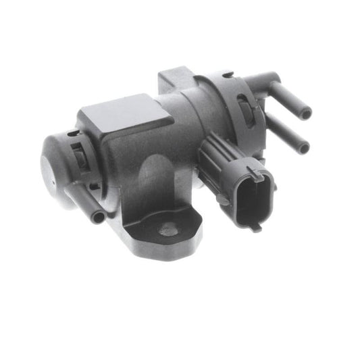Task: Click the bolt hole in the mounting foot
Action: tap(168, 231)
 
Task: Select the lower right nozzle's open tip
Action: tap(304, 147)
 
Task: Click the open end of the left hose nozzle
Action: tap(99, 217)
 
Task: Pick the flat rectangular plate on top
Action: tap(126, 116)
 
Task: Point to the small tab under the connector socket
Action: tap(255, 228)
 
